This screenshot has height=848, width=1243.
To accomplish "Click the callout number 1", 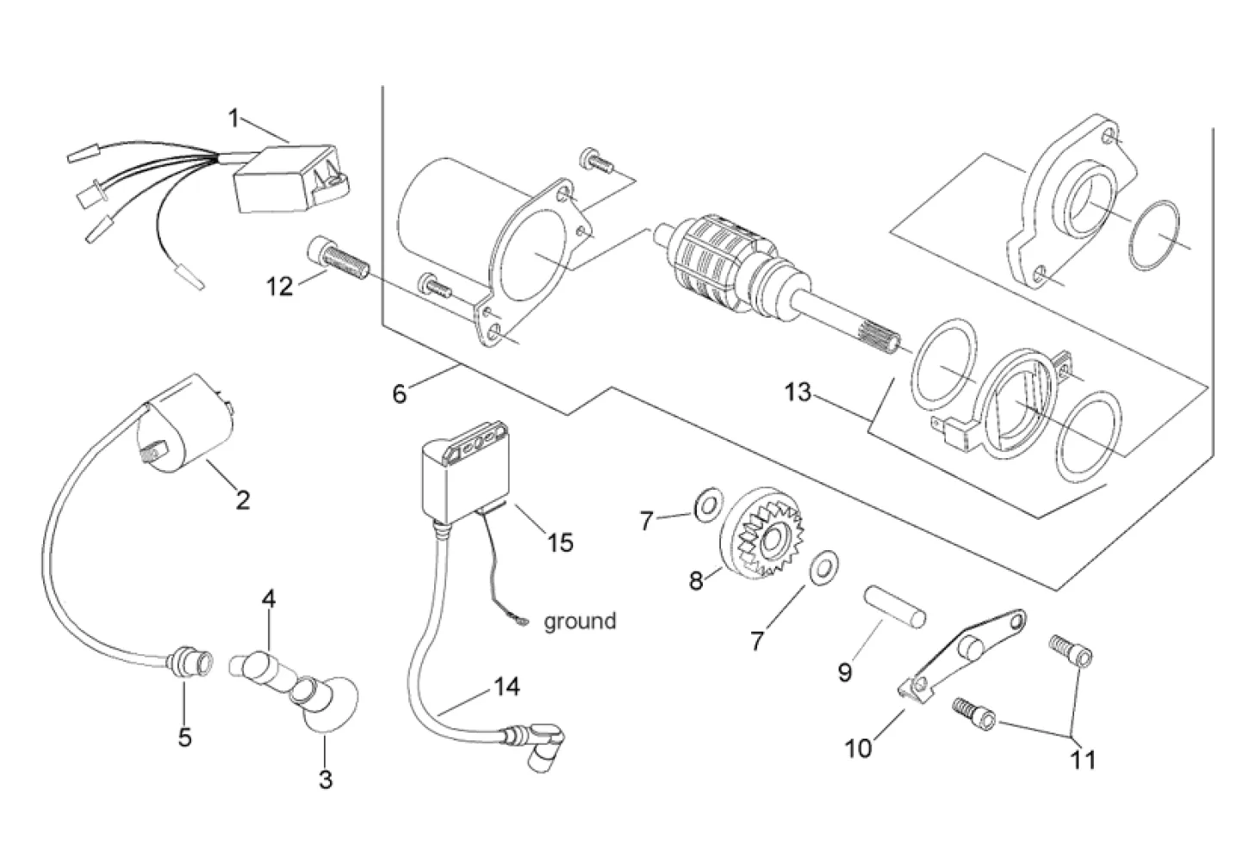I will [x=233, y=118].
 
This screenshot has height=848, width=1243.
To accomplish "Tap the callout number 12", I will [x=279, y=286].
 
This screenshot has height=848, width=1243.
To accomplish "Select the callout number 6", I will [x=398, y=393].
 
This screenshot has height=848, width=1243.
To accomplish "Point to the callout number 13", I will [x=798, y=393].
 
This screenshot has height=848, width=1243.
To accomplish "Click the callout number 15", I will [x=560, y=543].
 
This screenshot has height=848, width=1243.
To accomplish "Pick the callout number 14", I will [x=507, y=687].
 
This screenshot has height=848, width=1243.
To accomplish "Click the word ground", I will [x=580, y=621].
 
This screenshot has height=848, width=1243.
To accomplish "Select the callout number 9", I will [x=845, y=672].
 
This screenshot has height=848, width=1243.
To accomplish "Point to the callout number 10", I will [x=859, y=748].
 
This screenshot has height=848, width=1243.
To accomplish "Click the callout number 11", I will [x=1083, y=759].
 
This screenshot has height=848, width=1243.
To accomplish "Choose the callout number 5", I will [x=184, y=738].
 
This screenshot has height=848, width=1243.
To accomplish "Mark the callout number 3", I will [x=325, y=780].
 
